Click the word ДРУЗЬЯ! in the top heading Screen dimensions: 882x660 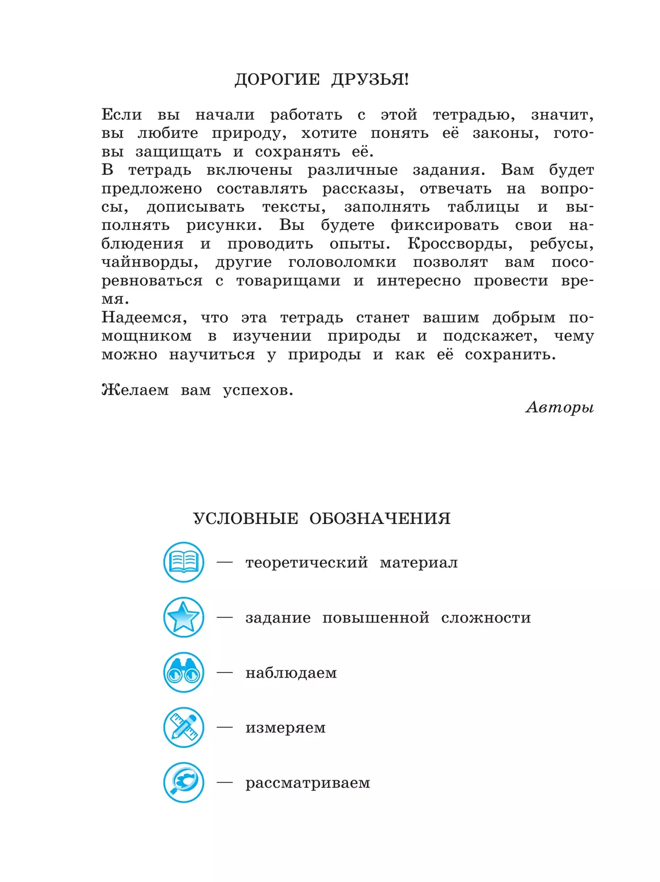(370, 80)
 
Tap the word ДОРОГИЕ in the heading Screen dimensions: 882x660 (277, 80)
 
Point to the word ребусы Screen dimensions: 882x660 (561, 244)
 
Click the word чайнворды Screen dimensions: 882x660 (150, 262)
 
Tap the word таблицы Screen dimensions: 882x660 (483, 207)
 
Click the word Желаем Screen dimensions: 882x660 (135, 390)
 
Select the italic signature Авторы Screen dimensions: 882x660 (559, 407)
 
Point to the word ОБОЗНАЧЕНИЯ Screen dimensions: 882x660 (380, 519)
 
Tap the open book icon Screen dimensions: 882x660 (184, 563)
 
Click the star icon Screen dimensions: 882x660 (184, 618)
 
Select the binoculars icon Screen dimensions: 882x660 (184, 672)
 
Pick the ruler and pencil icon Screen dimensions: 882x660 (184, 727)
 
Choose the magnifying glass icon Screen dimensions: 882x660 (184, 782)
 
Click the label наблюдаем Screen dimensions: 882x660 (291, 673)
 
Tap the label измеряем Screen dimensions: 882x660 (285, 728)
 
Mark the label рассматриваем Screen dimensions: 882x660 (307, 783)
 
